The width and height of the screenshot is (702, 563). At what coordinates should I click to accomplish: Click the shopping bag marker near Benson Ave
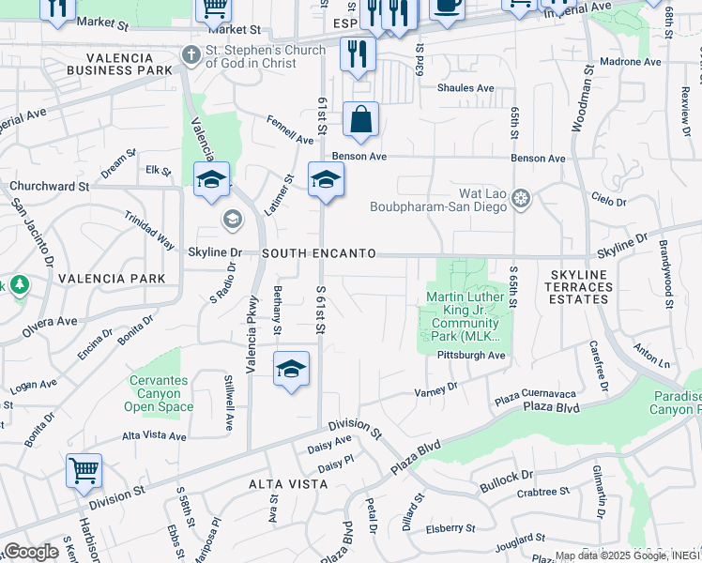pos(360,120)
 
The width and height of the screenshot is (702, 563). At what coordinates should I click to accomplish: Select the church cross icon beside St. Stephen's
pos(191,55)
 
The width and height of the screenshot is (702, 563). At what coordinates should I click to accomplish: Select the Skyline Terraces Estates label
pos(576,286)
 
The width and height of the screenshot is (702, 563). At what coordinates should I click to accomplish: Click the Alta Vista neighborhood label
pos(288,484)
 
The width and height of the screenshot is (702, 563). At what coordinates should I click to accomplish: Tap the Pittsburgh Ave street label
pos(471,356)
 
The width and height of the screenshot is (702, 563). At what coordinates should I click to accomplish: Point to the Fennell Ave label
pos(291,133)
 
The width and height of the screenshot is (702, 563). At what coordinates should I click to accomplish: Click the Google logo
pos(31,552)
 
